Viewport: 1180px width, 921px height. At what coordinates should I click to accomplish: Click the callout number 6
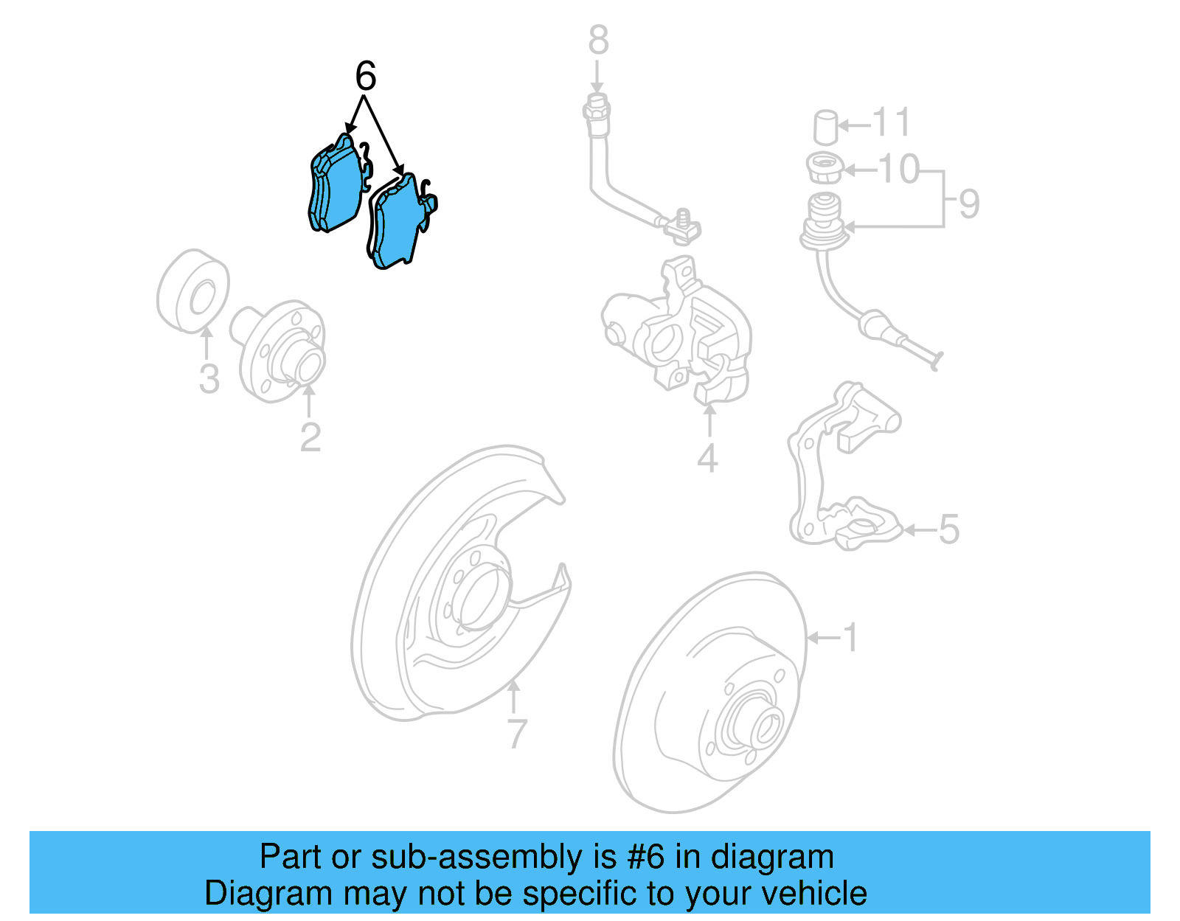click(x=366, y=76)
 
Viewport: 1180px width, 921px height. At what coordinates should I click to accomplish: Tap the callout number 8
click(x=598, y=41)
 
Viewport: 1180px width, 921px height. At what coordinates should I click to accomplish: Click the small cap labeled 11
click(x=826, y=127)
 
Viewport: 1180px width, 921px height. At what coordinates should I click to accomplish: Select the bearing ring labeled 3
click(x=193, y=291)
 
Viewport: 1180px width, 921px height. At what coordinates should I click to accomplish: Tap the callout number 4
click(x=707, y=459)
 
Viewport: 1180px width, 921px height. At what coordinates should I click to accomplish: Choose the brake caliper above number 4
click(x=678, y=332)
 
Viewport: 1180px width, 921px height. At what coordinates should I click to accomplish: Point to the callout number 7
click(x=517, y=734)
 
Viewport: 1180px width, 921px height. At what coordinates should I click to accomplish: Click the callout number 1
click(x=850, y=637)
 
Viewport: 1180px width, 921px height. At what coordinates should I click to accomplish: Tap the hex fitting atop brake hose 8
click(x=596, y=111)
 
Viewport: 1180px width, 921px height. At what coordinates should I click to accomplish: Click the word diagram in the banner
click(x=772, y=857)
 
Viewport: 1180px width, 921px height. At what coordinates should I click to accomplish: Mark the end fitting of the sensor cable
click(x=934, y=361)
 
